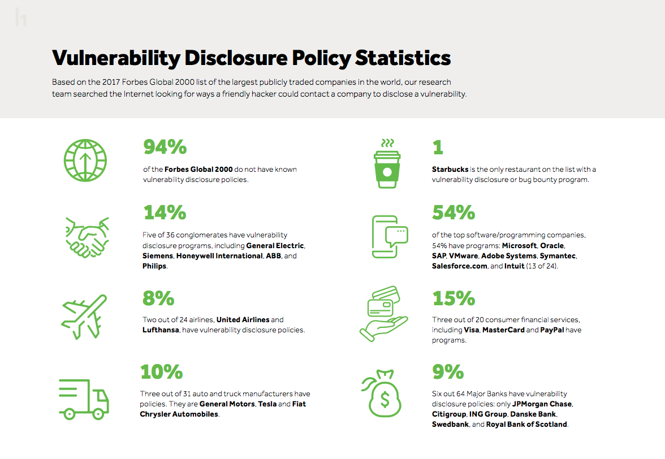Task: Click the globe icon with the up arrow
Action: (x=85, y=160)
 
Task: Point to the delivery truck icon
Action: (x=84, y=399)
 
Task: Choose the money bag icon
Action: (x=384, y=392)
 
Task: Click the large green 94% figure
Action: (x=165, y=148)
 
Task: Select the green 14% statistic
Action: (x=165, y=213)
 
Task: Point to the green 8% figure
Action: (x=158, y=298)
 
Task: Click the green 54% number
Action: (x=454, y=213)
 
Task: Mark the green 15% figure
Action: (x=454, y=298)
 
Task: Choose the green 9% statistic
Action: (x=448, y=372)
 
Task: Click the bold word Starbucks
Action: (x=450, y=170)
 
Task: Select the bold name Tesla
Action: (x=267, y=404)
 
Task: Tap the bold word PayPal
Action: (x=552, y=330)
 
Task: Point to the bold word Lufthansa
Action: (x=161, y=330)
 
